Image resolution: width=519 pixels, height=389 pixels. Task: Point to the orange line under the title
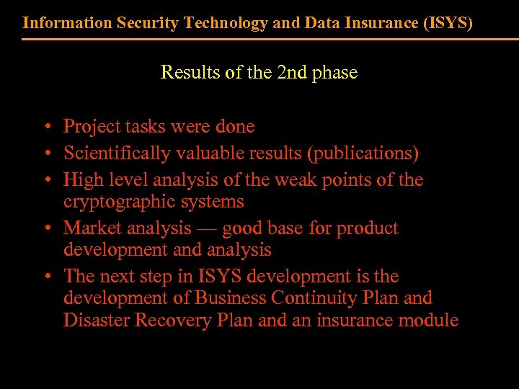(x=259, y=39)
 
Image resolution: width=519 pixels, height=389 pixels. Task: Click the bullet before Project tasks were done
(x=45, y=128)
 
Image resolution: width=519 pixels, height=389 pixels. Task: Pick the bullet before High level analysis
(x=45, y=181)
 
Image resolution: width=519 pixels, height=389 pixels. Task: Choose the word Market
(x=90, y=228)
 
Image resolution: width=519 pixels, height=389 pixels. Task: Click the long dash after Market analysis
(x=207, y=229)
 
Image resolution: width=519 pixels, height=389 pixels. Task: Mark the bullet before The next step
(x=45, y=277)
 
